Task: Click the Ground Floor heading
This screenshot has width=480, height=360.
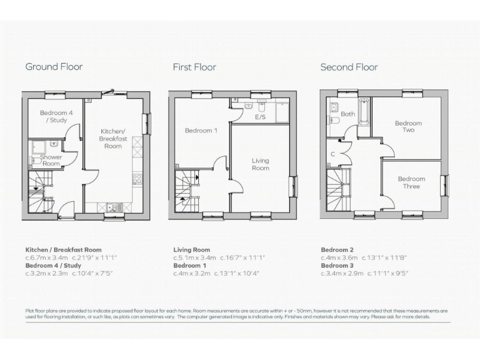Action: (54, 67)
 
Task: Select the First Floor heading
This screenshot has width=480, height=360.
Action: (194, 67)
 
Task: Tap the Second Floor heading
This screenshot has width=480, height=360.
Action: (349, 67)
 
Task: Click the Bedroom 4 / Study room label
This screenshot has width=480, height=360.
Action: (52, 116)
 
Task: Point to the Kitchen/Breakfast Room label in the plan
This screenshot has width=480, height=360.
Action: (112, 139)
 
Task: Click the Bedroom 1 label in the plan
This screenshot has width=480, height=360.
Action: (201, 131)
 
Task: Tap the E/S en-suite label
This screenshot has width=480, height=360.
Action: (260, 117)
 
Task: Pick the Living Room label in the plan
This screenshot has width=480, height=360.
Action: (260, 164)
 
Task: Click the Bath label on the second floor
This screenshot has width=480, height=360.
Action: (348, 114)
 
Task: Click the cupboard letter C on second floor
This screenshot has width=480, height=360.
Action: (334, 154)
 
